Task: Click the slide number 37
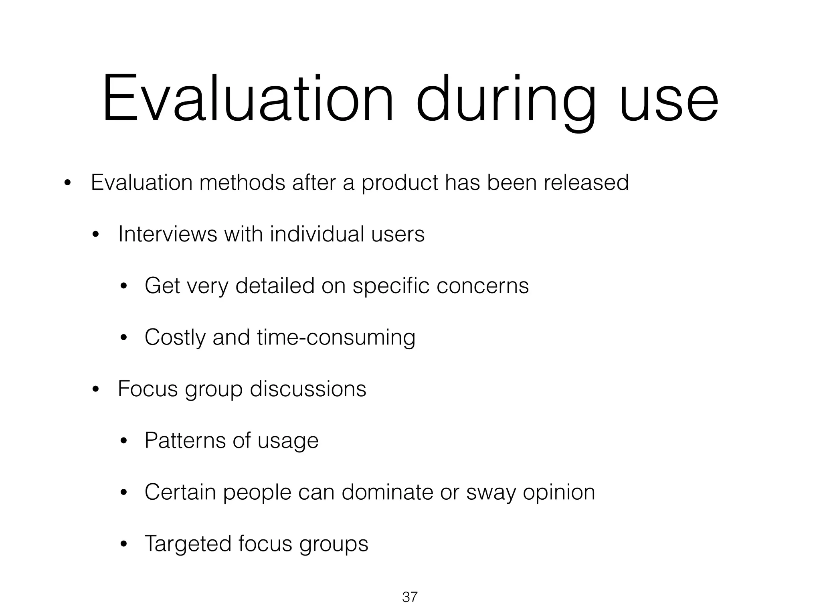pyautogui.click(x=410, y=597)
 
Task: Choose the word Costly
pyautogui.click(x=175, y=338)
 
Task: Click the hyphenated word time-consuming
pyautogui.click(x=336, y=338)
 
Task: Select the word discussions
pyautogui.click(x=308, y=389)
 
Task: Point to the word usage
pyautogui.click(x=287, y=441)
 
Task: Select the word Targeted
pyautogui.click(x=187, y=544)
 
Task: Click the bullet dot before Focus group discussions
pyautogui.click(x=95, y=390)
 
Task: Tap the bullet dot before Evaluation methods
pyautogui.click(x=67, y=184)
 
